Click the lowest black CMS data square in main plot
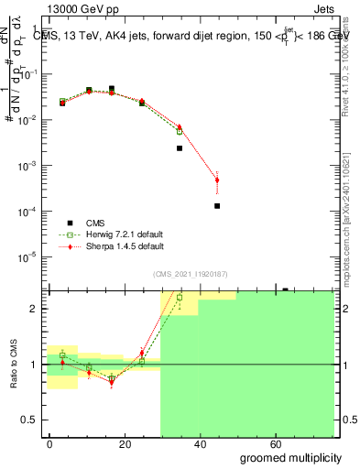click(217, 206)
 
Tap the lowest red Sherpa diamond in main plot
click(217, 180)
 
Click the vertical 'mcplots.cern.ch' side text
click(352, 183)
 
